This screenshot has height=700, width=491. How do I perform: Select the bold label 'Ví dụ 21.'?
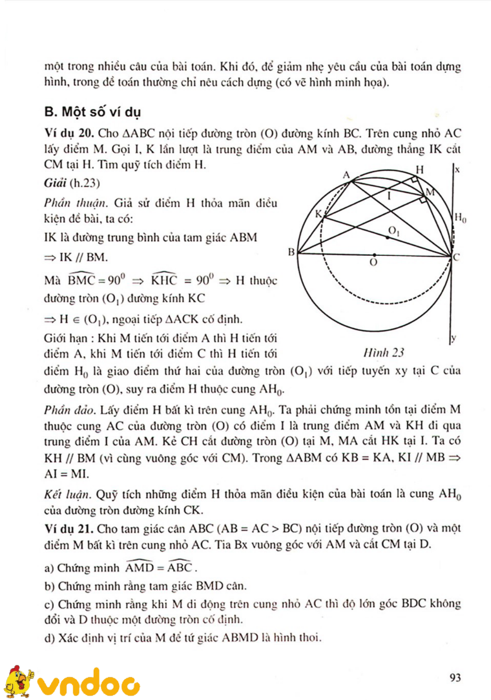click(x=69, y=529)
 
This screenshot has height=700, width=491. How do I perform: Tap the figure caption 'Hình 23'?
click(x=383, y=353)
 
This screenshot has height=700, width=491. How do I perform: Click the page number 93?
click(x=455, y=678)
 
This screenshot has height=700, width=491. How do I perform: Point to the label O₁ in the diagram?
click(x=394, y=231)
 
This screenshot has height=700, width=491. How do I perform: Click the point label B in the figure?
click(x=291, y=252)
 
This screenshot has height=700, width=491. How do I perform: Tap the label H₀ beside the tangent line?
click(x=460, y=218)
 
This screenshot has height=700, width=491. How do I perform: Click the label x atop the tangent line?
click(x=457, y=170)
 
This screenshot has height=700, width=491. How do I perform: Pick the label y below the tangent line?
click(x=454, y=338)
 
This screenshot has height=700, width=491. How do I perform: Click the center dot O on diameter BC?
click(x=374, y=255)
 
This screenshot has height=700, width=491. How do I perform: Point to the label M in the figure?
click(x=430, y=192)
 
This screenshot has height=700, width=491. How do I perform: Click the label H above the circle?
click(x=420, y=170)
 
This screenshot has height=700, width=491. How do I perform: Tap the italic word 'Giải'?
click(x=55, y=183)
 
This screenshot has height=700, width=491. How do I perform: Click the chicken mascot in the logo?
click(x=18, y=680)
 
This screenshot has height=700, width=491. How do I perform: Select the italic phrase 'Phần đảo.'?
click(x=70, y=410)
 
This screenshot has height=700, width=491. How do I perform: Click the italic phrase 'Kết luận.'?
click(x=68, y=495)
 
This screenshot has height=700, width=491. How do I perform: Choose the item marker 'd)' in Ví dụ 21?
click(x=50, y=638)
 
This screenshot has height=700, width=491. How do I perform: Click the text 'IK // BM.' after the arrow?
click(x=83, y=257)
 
